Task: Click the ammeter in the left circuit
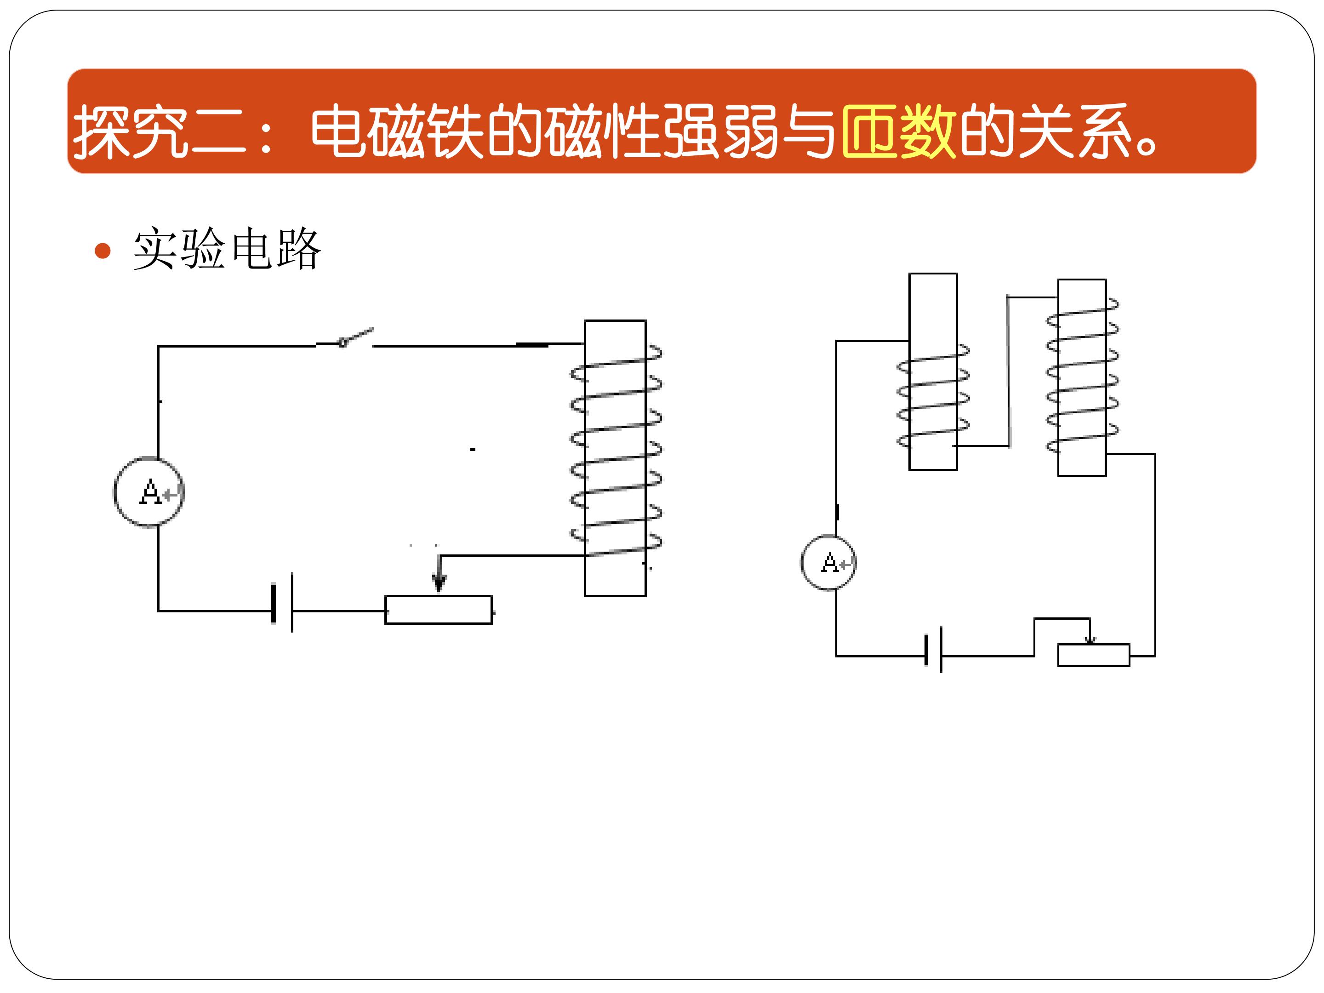[149, 492]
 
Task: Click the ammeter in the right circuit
[829, 563]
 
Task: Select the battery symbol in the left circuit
[283, 603]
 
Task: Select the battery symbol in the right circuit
[934, 650]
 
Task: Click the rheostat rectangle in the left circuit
[439, 610]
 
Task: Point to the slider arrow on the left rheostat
[439, 573]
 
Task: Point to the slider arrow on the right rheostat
[1090, 632]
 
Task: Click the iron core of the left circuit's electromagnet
[615, 458]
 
